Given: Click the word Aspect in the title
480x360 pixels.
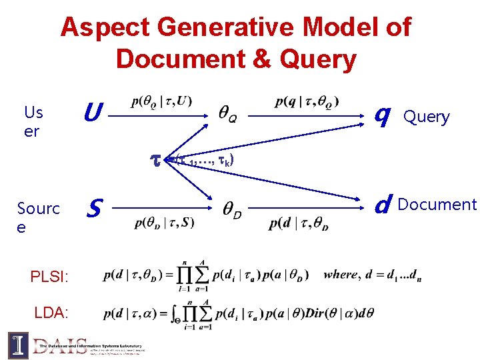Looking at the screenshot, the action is click(x=107, y=28).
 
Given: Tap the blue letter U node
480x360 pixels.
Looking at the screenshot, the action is click(x=93, y=117).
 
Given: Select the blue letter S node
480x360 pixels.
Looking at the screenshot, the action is click(x=94, y=209).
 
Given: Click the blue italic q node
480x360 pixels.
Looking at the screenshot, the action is click(x=382, y=116).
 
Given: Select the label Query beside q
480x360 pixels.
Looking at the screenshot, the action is click(x=427, y=117).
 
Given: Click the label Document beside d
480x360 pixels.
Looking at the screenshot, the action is click(x=437, y=205).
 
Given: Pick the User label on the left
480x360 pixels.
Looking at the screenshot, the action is click(x=33, y=121).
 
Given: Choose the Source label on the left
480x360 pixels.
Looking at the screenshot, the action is click(x=38, y=217).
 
